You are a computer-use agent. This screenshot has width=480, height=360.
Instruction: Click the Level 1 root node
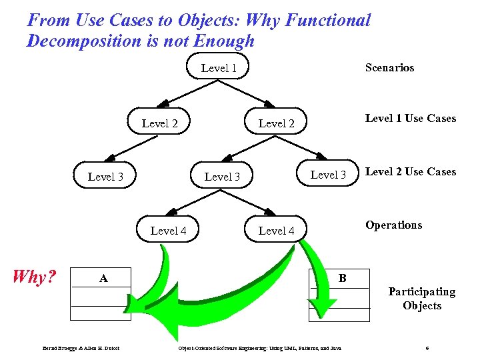pyautogui.click(x=219, y=68)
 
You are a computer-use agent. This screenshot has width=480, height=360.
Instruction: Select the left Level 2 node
pyautogui.click(x=160, y=123)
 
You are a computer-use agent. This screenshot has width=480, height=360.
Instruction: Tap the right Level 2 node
pyautogui.click(x=276, y=123)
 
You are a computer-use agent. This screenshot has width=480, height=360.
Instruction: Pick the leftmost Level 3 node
pyautogui.click(x=105, y=177)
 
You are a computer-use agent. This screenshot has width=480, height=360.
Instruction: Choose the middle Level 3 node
pyautogui.click(x=222, y=177)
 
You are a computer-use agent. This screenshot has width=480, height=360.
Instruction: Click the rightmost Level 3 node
pyautogui.click(x=328, y=175)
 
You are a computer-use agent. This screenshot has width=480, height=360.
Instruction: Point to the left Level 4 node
pyautogui.click(x=168, y=231)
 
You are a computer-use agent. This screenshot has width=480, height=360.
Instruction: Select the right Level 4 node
pyautogui.click(x=276, y=231)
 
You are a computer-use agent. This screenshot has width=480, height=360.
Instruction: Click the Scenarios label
pyautogui.click(x=389, y=67)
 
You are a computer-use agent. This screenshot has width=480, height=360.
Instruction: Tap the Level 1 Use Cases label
pyautogui.click(x=411, y=119)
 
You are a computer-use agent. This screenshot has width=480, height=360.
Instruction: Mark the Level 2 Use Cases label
pyautogui.click(x=411, y=172)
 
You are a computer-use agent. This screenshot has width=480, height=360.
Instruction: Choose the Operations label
pyautogui.click(x=393, y=225)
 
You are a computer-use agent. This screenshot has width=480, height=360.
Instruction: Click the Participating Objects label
pyautogui.click(x=422, y=299)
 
